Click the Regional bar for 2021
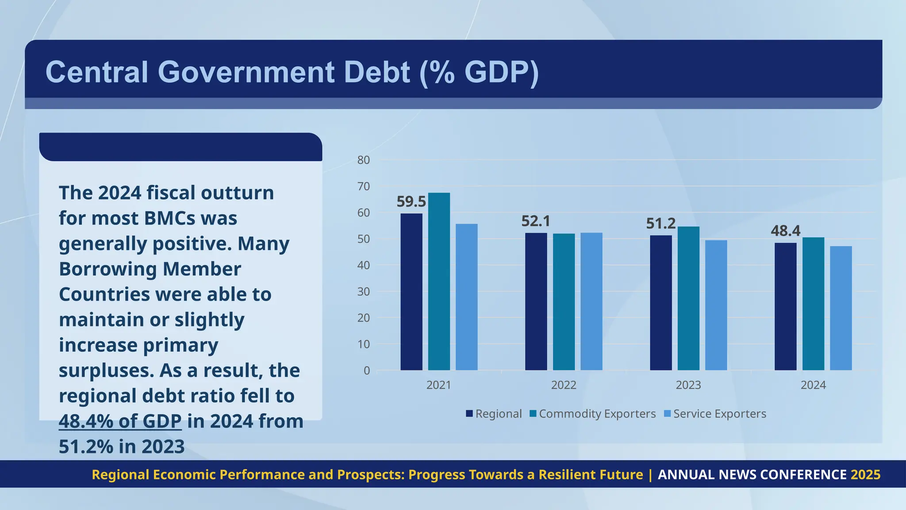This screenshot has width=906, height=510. [411, 292]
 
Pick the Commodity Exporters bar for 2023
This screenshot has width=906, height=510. [688, 298]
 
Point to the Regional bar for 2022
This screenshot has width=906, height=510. [536, 301]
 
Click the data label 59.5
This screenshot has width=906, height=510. [411, 202]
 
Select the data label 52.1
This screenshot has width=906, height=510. [536, 221]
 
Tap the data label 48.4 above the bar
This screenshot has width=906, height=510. [785, 231]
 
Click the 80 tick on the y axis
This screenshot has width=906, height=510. [364, 160]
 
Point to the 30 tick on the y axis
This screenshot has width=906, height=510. [364, 292]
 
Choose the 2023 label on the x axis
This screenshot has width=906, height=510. [688, 385]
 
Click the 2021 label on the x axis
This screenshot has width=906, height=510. [438, 385]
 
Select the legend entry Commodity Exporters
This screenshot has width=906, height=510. [597, 414]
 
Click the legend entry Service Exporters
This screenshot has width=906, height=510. [719, 414]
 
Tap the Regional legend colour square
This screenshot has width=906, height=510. [469, 414]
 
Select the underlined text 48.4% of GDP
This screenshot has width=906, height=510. [120, 421]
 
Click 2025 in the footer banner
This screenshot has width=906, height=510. [865, 475]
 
